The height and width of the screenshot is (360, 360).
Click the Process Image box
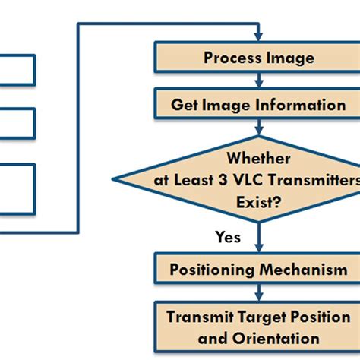pos(258,58)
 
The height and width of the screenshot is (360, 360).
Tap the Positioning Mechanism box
pos(258,270)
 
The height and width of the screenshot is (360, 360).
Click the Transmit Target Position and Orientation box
pos(258,327)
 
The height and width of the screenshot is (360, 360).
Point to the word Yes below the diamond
pos(228,238)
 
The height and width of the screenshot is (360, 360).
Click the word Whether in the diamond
pos(258,159)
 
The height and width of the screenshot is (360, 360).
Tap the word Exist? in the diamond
pos(258,203)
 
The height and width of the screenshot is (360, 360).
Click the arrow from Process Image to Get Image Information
pos(259,80)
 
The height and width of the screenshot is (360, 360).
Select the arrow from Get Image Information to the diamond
pos(259,127)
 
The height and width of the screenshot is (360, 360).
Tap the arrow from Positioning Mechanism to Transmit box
pos(259,292)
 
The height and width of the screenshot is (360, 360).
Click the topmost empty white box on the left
pos(16,69)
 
